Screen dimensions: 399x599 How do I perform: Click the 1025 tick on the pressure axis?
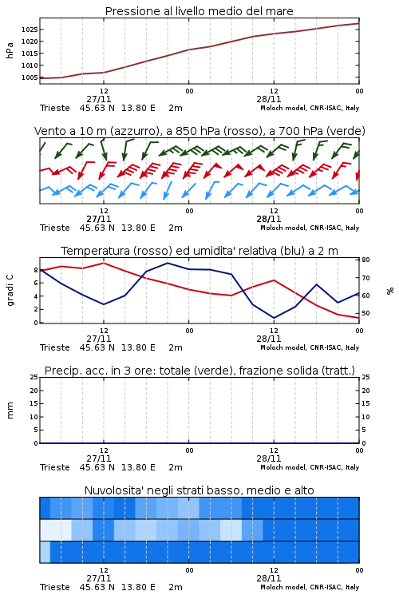[x=29, y=30]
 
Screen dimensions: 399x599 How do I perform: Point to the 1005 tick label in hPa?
[x=29, y=77]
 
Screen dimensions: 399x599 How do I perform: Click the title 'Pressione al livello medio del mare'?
[x=199, y=11]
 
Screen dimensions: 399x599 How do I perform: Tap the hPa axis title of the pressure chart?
[x=10, y=50]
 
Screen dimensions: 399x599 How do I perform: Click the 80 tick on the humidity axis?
[x=365, y=260]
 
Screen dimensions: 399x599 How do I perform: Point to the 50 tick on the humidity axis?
[x=365, y=313]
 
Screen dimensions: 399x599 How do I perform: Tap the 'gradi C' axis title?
[x=10, y=291]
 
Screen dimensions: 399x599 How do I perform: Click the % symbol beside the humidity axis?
[x=390, y=291]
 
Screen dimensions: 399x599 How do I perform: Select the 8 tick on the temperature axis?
[x=36, y=270]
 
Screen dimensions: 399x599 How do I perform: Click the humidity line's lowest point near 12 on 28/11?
[x=275, y=318]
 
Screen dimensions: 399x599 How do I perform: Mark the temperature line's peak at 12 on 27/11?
[x=104, y=263]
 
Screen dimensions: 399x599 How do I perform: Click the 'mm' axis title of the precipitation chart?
[x=10, y=411]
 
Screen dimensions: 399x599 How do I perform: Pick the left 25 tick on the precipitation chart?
[x=34, y=377]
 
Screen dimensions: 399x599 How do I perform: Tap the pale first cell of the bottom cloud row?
[x=45, y=552]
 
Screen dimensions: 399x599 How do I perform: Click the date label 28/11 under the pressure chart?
[x=269, y=99]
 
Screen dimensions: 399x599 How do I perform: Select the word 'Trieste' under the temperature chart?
[x=55, y=347]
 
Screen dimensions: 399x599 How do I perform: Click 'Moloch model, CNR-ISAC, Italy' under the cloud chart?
[x=310, y=587]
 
